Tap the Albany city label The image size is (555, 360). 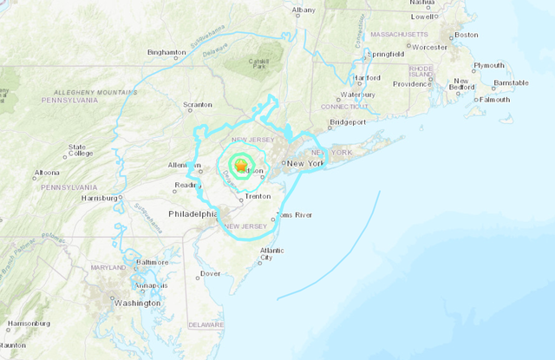[304, 10]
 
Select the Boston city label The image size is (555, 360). [467, 35]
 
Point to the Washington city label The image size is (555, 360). [137, 303]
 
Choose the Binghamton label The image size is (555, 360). [166, 52]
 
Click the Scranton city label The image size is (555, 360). [197, 105]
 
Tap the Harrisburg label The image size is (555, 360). [98, 198]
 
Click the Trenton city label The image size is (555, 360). [258, 197]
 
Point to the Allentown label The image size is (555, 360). [184, 164]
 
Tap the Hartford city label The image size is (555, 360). [367, 78]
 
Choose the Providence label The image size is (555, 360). [410, 84]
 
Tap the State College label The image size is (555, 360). [77, 152]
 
